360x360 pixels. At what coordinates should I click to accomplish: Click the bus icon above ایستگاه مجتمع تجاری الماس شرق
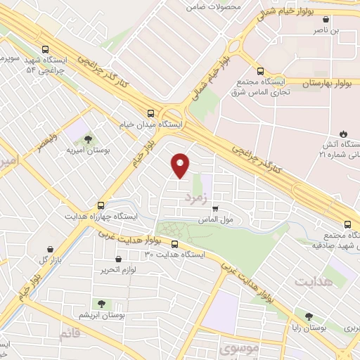point(261,71)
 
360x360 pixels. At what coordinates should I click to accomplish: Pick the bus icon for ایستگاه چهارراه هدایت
point(101,205)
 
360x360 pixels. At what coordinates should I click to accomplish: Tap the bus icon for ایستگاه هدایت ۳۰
point(174,245)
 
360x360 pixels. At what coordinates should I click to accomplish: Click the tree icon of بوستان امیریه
point(86,140)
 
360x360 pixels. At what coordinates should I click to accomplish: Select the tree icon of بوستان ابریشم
point(103,304)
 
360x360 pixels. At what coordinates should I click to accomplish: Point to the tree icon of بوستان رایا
point(309,316)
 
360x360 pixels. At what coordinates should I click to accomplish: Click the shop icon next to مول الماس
point(215,208)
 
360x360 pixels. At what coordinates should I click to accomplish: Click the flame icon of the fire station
point(342,134)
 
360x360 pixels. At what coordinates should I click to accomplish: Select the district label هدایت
point(311,282)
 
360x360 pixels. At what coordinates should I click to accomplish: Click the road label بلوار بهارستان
point(326,82)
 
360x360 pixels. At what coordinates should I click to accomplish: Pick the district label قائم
point(70,333)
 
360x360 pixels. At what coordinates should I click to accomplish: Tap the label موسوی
point(239,348)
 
